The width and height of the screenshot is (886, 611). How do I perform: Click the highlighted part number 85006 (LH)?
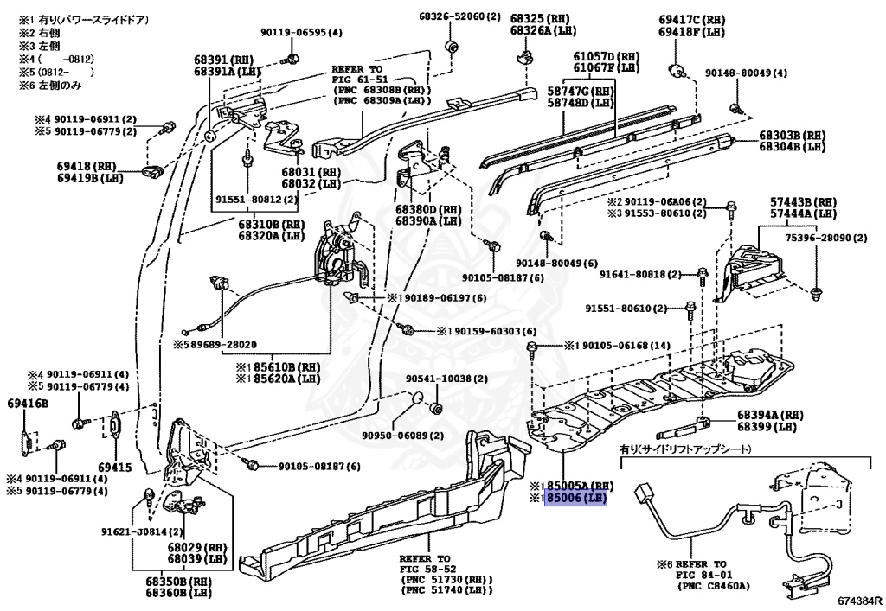[575, 498]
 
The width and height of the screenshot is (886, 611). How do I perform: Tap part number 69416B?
[29, 404]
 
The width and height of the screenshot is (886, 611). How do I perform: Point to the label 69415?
[114, 468]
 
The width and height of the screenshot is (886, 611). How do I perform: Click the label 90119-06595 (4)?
[301, 33]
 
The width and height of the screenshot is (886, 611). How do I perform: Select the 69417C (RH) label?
[690, 19]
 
